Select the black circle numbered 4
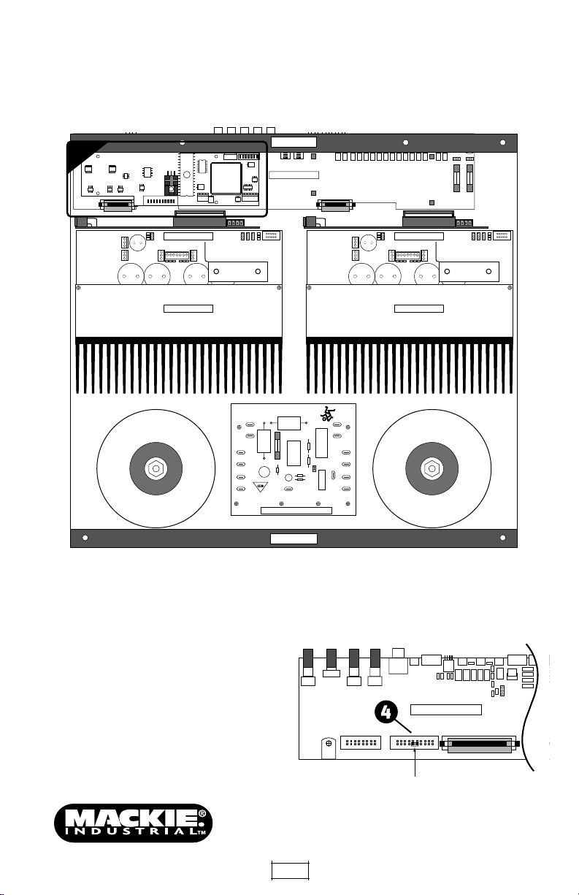pyautogui.click(x=386, y=712)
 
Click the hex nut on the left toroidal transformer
pyautogui.click(x=156, y=468)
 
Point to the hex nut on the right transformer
pyautogui.click(x=432, y=468)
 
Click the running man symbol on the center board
pyautogui.click(x=328, y=415)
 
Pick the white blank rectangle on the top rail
pyautogui.click(x=294, y=142)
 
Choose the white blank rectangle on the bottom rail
pyautogui.click(x=294, y=538)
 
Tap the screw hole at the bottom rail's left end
pyautogui.click(x=85, y=538)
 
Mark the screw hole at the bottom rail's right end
pyautogui.click(x=503, y=538)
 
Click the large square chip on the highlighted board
pyautogui.click(x=226, y=178)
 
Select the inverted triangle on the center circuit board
pyautogui.click(x=261, y=487)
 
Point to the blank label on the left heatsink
pyautogui.click(x=188, y=308)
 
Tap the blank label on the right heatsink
pyautogui.click(x=419, y=308)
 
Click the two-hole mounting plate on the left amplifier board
pyautogui.click(x=238, y=272)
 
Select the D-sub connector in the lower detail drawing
pyautogui.click(x=479, y=744)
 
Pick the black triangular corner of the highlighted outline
pyautogui.click(x=86, y=155)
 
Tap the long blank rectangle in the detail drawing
pyautogui.click(x=446, y=709)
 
